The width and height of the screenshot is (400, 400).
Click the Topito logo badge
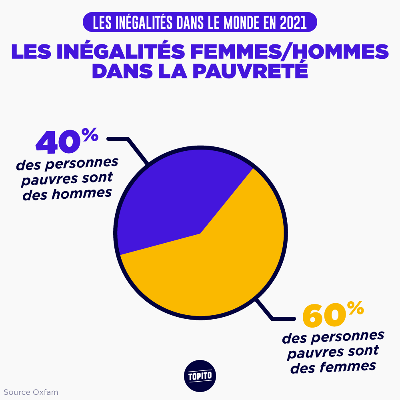click(x=200, y=376)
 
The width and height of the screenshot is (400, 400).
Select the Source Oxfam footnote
click(x=31, y=392)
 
